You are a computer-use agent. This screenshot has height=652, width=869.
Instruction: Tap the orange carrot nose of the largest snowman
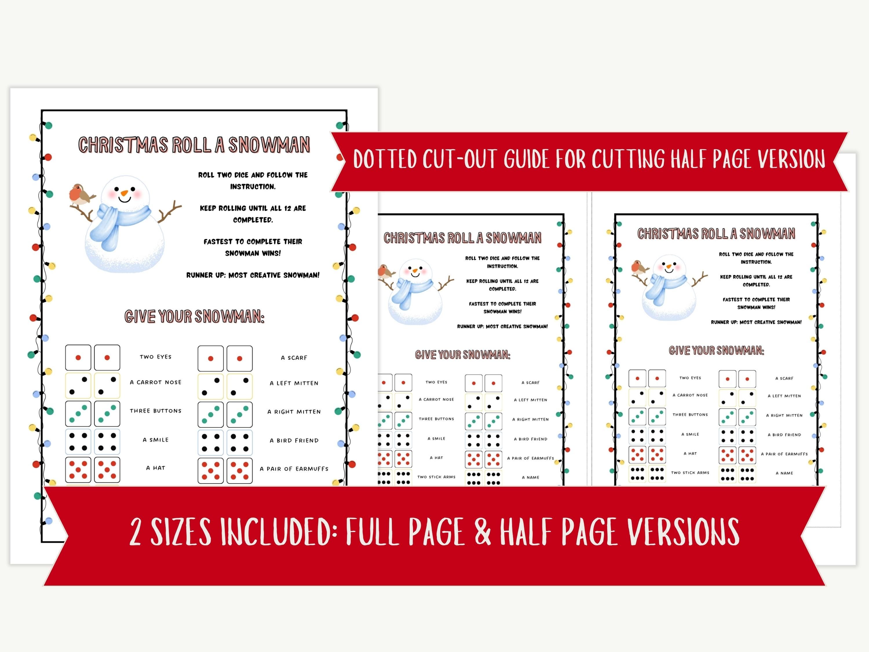(x=124, y=193)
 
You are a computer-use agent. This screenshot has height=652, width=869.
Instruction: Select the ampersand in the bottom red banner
(x=483, y=531)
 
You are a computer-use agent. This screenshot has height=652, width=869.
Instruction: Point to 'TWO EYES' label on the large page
(x=156, y=357)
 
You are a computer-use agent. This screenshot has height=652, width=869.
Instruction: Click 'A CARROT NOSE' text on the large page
(x=156, y=382)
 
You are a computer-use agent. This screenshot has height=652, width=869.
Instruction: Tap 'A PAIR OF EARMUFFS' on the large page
(x=294, y=469)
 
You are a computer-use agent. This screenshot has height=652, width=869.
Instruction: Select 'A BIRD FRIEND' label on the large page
(x=294, y=440)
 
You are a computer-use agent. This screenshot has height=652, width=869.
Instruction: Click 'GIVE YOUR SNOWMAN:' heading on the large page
(x=194, y=316)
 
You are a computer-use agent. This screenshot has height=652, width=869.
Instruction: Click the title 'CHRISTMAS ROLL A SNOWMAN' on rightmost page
(x=716, y=234)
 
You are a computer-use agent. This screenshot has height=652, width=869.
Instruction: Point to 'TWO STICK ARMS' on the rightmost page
(x=690, y=473)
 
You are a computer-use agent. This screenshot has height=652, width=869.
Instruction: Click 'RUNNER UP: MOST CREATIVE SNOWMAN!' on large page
(x=253, y=275)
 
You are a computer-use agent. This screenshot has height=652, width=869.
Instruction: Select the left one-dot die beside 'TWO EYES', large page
(x=78, y=358)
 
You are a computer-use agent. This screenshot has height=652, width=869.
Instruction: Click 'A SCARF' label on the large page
(x=294, y=358)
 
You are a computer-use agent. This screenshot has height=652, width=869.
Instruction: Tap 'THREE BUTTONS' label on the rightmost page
(x=690, y=415)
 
